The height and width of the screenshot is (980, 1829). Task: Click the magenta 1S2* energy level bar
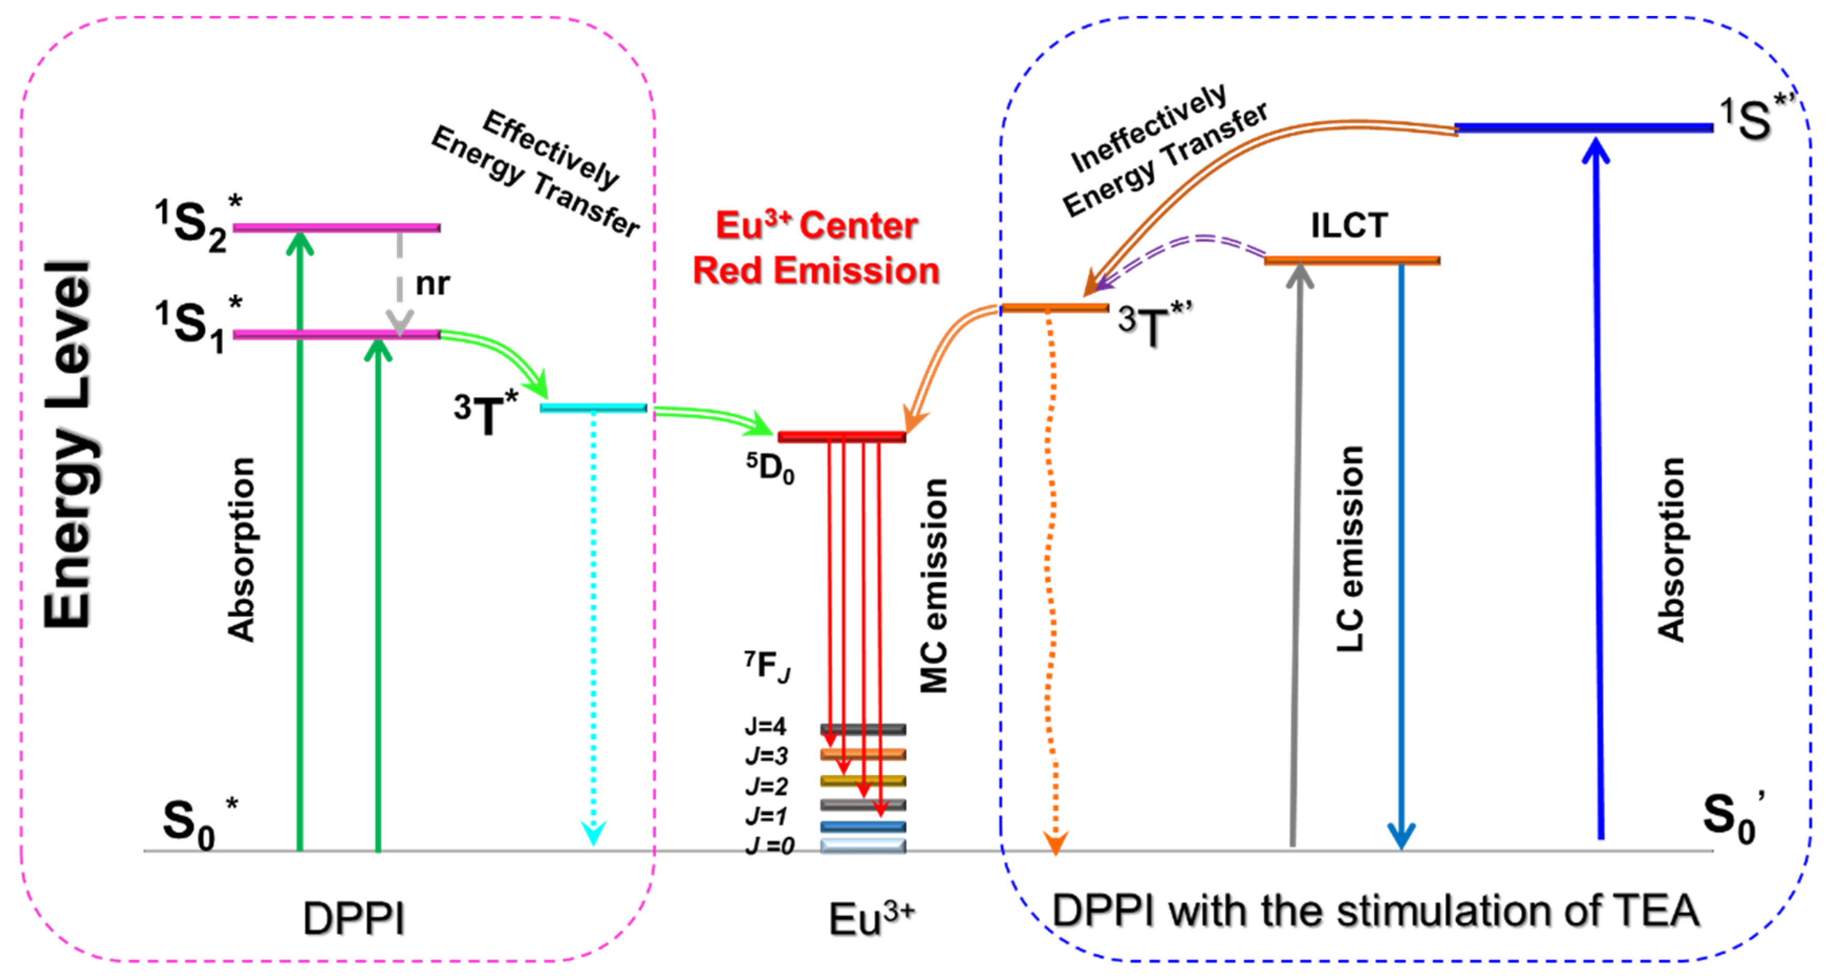pos(337,228)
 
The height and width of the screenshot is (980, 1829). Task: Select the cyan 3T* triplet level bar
pos(593,407)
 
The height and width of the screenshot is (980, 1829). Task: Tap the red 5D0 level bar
pos(841,436)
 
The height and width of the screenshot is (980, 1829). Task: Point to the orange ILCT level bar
pos(1352,261)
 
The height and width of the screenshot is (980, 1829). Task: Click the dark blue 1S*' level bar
pos(1583,128)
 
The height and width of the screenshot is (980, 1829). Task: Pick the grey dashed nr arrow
pos(400,284)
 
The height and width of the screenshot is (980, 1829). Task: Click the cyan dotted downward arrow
pos(593,625)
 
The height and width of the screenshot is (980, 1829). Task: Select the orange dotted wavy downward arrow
pos(1052,583)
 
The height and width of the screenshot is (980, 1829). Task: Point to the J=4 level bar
pos(863,729)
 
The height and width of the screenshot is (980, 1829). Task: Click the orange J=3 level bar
pos(863,754)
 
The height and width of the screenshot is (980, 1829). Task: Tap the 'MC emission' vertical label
pos(934,586)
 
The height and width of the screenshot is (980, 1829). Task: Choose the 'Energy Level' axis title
pos(68,444)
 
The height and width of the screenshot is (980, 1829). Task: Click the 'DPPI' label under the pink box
pos(354,919)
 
